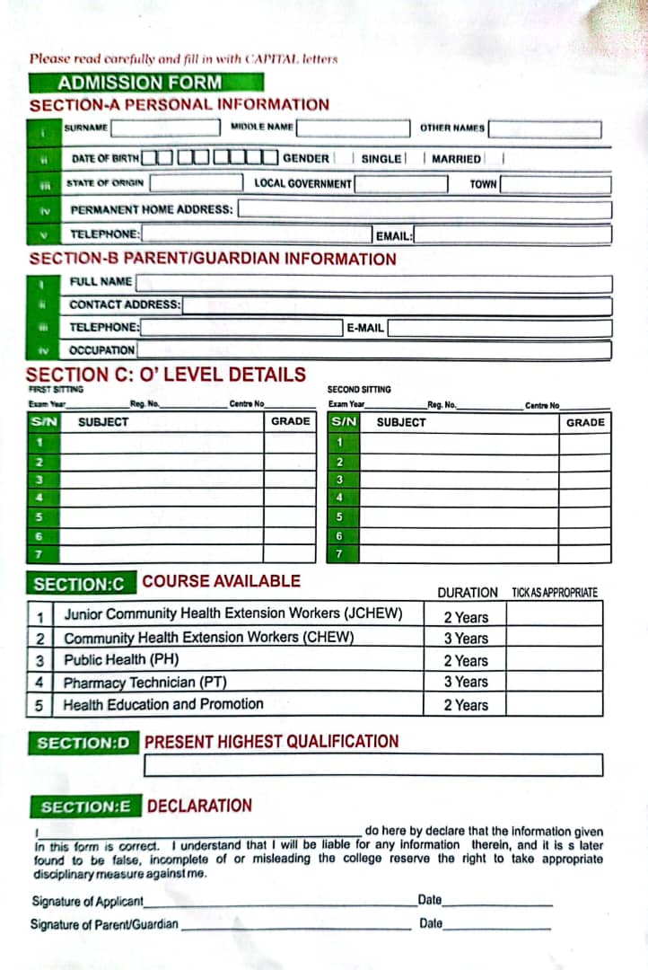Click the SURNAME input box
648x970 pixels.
point(165,128)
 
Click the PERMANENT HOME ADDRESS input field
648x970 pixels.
point(424,209)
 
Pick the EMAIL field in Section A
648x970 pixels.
point(512,235)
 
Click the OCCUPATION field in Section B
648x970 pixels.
point(373,350)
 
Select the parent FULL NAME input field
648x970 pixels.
point(373,283)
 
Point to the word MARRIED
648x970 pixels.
point(456,159)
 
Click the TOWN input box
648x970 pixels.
point(555,184)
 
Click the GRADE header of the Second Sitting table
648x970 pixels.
point(585,422)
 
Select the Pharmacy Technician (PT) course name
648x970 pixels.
point(144,683)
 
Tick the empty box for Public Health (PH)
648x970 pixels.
point(553,660)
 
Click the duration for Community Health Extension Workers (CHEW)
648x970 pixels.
point(466,639)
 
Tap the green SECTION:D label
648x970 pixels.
point(83,743)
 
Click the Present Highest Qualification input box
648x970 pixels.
point(372,765)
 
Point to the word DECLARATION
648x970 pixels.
point(199,806)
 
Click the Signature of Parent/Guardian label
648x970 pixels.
point(104,924)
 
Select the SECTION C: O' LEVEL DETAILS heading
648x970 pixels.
point(166,375)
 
